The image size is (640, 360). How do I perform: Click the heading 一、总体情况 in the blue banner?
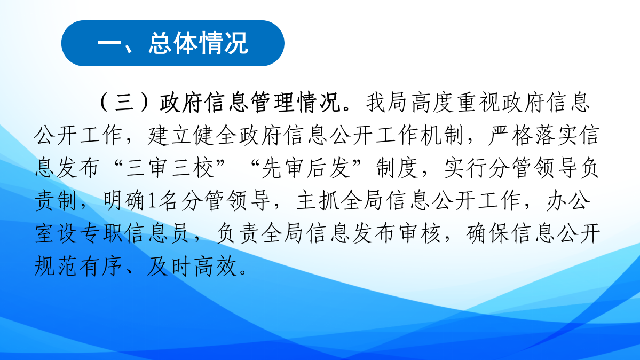172,44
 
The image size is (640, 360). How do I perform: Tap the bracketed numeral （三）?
127,104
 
